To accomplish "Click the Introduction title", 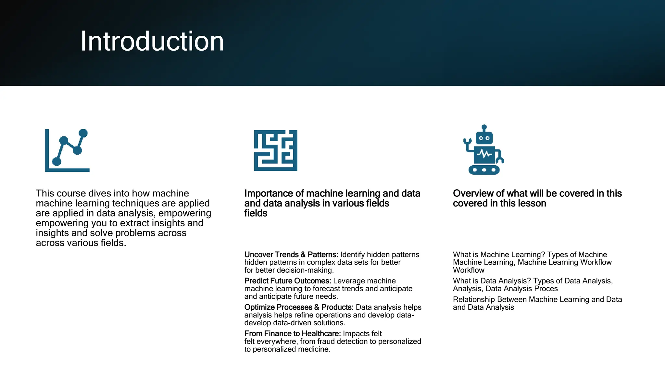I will coord(152,41).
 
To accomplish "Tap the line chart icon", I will coord(67,150).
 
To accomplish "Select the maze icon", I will coord(275,150).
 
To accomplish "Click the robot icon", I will coord(484,150).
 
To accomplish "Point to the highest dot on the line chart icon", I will coord(83,133).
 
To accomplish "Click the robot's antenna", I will coord(484,128).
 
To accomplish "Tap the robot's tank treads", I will coord(484,170).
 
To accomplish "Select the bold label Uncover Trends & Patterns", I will coord(291,255).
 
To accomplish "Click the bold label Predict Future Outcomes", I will coord(288,281).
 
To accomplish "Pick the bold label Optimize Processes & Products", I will coord(299,307).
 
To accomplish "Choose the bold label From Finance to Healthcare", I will coord(292,333).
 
